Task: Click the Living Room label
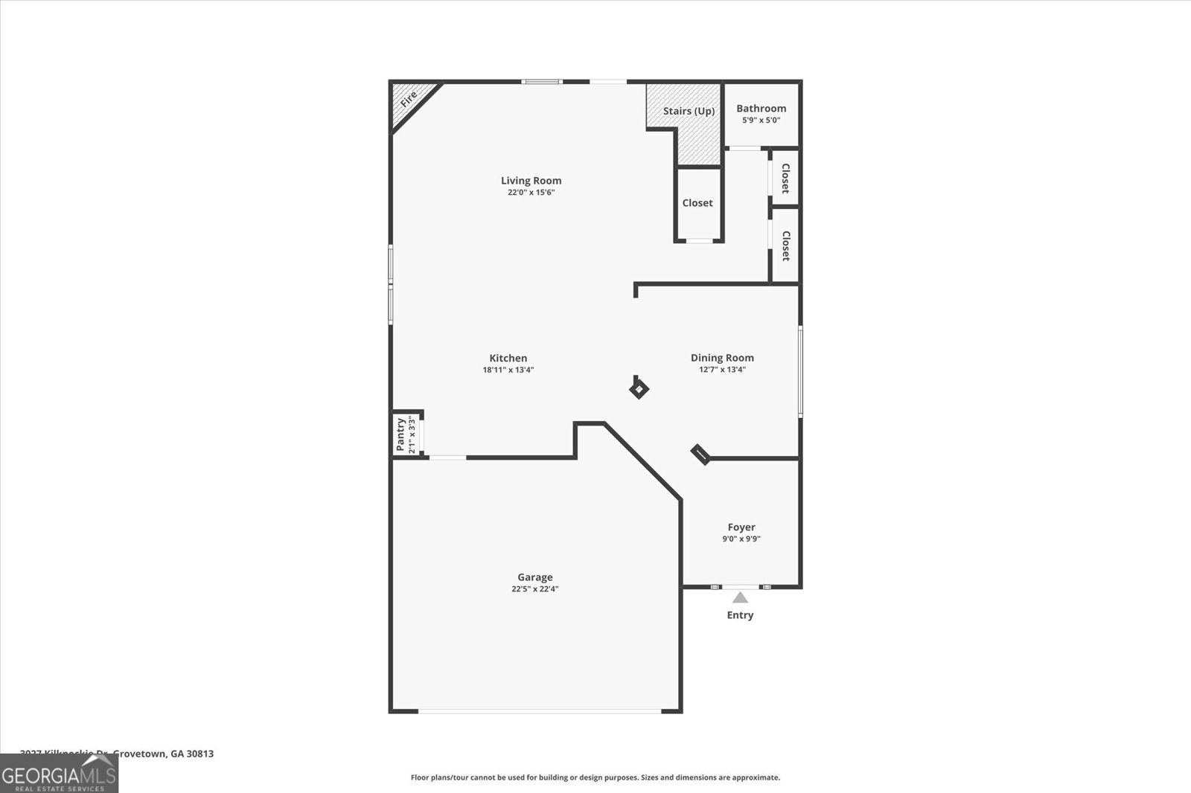(531, 180)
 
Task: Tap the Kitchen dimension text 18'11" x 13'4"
(508, 370)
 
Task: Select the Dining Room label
(722, 358)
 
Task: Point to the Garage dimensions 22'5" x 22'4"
(535, 589)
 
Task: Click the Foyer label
(741, 527)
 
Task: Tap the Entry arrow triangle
(740, 597)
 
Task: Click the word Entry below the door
(740, 615)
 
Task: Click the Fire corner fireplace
(409, 100)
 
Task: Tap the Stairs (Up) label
(689, 111)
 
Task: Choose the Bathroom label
(761, 108)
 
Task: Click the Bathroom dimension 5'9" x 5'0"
(761, 120)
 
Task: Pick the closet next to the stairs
(697, 203)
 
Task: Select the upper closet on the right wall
(785, 178)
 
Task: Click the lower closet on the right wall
(785, 245)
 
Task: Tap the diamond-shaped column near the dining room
(639, 389)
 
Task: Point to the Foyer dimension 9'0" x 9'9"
(741, 539)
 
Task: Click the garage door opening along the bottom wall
(539, 711)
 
